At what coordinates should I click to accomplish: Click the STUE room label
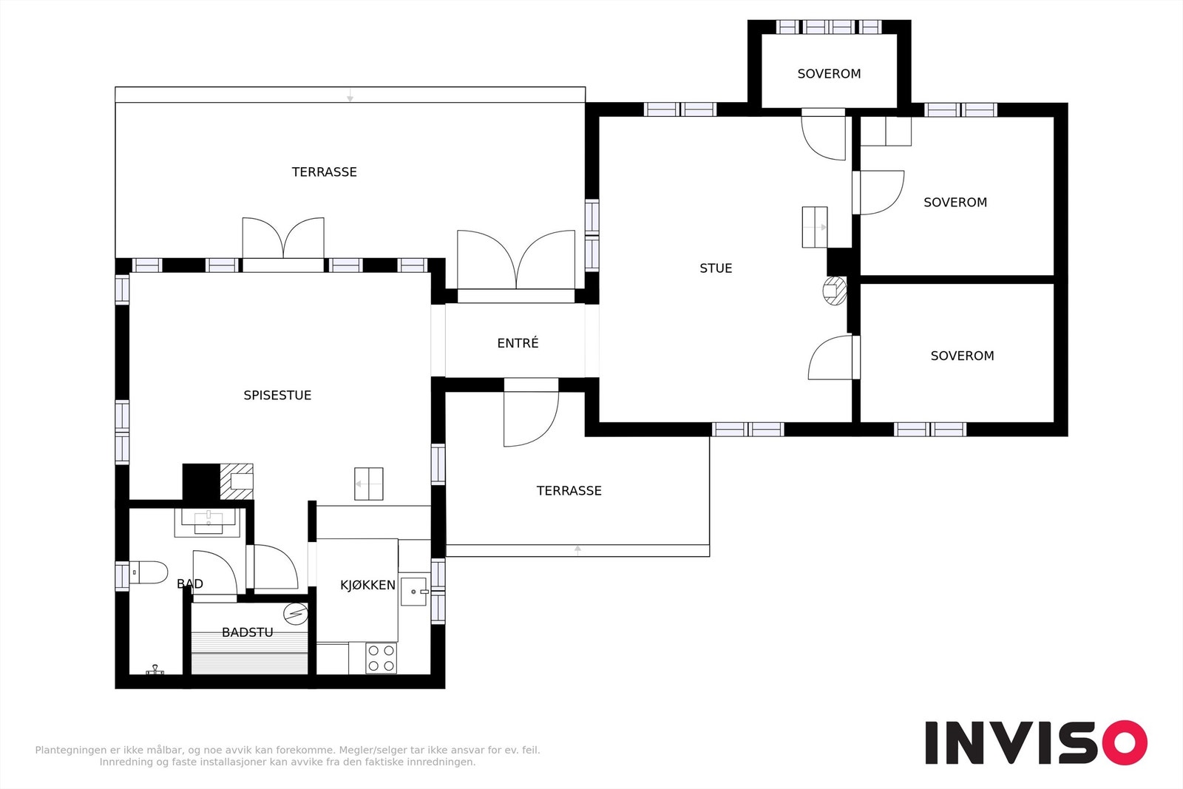(x=716, y=268)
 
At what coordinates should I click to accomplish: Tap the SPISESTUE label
(x=277, y=396)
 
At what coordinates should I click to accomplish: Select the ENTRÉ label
(x=518, y=343)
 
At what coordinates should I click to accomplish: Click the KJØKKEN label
(x=367, y=585)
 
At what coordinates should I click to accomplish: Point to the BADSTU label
(x=247, y=632)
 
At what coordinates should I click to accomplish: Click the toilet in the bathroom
(x=149, y=572)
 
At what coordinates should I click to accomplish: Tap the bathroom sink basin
(x=209, y=522)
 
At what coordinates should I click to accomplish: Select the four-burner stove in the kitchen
(x=381, y=658)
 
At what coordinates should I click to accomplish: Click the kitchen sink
(x=413, y=592)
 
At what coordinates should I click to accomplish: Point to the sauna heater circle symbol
(x=295, y=614)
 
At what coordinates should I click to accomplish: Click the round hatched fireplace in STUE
(x=835, y=291)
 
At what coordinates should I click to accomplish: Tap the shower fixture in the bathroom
(x=155, y=670)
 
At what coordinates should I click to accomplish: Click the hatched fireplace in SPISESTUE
(x=237, y=481)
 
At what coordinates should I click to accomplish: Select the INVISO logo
(x=1036, y=742)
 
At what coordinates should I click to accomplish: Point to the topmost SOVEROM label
(x=829, y=74)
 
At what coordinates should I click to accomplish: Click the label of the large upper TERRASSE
(x=325, y=172)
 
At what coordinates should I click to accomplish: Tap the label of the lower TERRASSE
(x=569, y=491)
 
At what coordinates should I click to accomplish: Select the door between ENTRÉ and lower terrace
(x=531, y=413)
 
